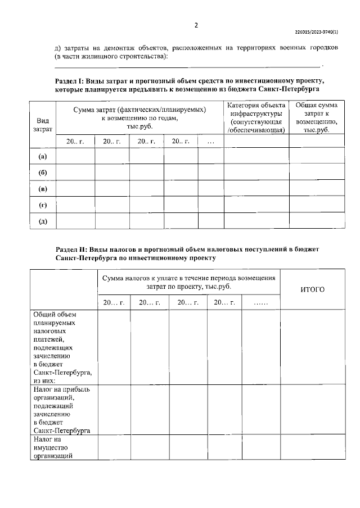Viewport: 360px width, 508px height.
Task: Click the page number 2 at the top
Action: coord(196,25)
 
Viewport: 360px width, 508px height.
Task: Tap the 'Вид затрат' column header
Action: coord(43,125)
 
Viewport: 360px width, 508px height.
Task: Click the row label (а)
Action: coord(43,156)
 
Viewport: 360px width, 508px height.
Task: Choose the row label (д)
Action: coord(43,221)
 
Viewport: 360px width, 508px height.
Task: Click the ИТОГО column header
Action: coord(313,289)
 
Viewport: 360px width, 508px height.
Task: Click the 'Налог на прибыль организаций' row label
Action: coord(62,410)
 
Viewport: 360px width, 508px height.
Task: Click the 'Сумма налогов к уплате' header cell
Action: coord(188,282)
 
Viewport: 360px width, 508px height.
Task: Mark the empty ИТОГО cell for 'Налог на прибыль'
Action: coord(313,410)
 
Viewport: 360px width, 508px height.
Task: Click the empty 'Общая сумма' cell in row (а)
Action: coord(317,156)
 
